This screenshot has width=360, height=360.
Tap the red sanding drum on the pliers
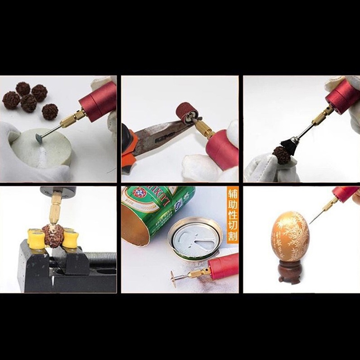(185, 112)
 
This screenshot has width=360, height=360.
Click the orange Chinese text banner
(232, 215)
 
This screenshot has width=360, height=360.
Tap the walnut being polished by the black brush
(281, 156)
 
